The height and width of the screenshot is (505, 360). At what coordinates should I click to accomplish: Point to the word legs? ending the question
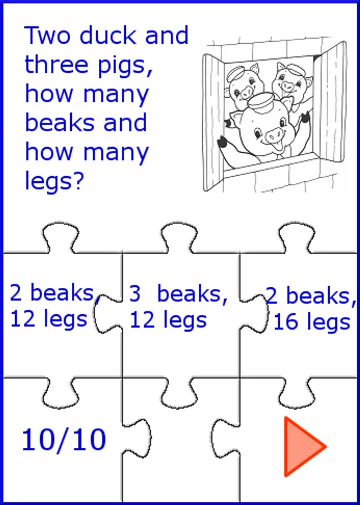pos(54,182)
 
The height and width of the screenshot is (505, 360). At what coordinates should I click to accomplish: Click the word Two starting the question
pos(48,35)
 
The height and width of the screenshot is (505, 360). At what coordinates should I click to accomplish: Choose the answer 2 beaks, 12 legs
pos(53,306)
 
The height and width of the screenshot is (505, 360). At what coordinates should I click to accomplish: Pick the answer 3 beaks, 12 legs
pos(178,306)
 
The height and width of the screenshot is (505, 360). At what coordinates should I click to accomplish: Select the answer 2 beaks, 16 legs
pos(311,309)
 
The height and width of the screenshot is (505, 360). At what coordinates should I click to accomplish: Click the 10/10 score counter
pos(64,439)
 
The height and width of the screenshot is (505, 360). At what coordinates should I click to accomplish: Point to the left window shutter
pos(213,122)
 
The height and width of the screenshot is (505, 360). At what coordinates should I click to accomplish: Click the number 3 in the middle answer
pos(135,293)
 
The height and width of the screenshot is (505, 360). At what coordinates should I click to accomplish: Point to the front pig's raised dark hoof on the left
pos(222,142)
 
